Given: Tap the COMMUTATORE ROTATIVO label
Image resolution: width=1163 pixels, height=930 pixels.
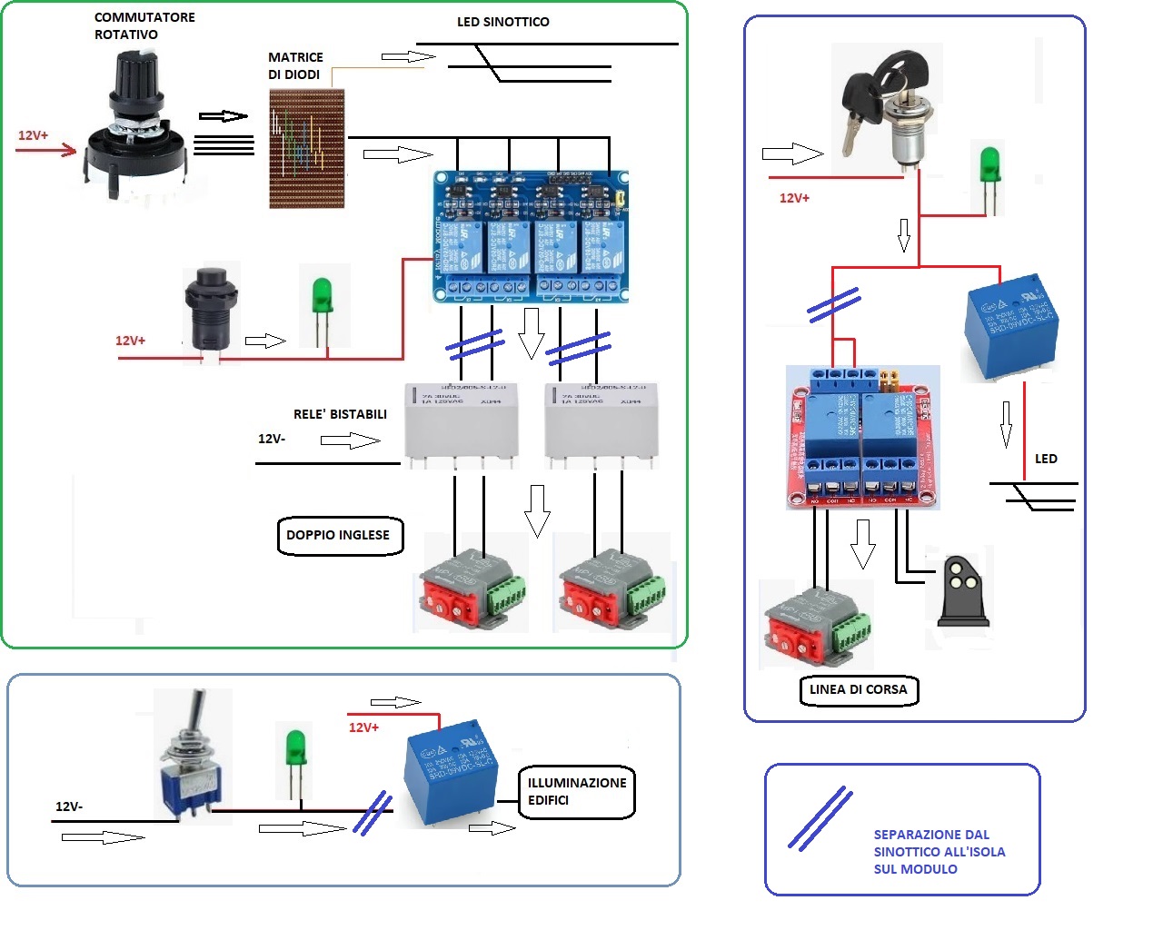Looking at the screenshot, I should pyautogui.click(x=144, y=26).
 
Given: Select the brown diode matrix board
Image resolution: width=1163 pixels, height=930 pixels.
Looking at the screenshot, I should pyautogui.click(x=307, y=149).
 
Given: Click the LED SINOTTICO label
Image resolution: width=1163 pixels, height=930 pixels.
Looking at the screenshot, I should pyautogui.click(x=502, y=22).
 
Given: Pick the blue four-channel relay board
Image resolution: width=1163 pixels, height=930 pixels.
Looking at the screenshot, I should pyautogui.click(x=531, y=236).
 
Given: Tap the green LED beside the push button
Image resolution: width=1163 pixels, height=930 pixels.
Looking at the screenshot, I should pyautogui.click(x=322, y=303).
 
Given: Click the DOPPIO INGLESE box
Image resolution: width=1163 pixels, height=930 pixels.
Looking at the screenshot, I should pyautogui.click(x=338, y=535).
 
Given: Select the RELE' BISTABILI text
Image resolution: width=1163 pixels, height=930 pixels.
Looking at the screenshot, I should pyautogui.click(x=340, y=414).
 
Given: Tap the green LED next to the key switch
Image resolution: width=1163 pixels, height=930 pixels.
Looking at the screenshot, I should pyautogui.click(x=989, y=177).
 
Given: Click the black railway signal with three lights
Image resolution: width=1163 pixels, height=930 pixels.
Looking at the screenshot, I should pyautogui.click(x=962, y=590).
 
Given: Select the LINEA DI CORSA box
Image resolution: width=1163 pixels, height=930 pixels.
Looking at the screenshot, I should pyautogui.click(x=858, y=689).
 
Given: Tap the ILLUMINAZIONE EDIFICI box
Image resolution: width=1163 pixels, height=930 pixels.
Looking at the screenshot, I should pyautogui.click(x=576, y=791).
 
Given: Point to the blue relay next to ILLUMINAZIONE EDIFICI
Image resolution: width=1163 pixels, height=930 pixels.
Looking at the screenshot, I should pyautogui.click(x=451, y=773).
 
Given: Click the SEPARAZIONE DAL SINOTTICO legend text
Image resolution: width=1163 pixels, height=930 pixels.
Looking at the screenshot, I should pyautogui.click(x=939, y=852).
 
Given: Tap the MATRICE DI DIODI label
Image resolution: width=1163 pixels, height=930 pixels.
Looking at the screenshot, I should pyautogui.click(x=295, y=65).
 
